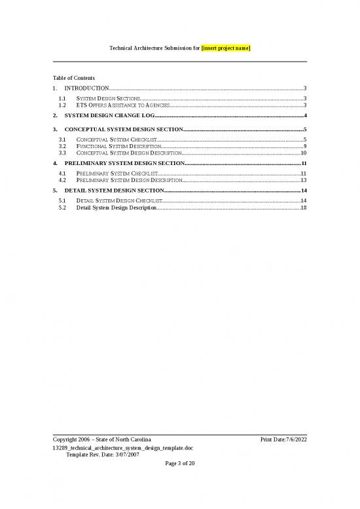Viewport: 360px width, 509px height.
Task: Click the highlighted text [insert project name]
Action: pos(226,49)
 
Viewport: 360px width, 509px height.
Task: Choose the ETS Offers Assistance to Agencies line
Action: pos(122,105)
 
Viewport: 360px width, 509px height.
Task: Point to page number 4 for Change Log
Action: pos(306,115)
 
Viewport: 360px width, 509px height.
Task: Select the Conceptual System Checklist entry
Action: pos(116,140)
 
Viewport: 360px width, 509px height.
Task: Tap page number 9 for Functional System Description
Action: pos(305,146)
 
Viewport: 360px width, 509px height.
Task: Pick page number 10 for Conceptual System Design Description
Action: pos(303,153)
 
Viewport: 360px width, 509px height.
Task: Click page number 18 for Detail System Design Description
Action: pos(303,207)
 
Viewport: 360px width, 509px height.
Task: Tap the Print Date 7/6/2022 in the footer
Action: pos(283,438)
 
